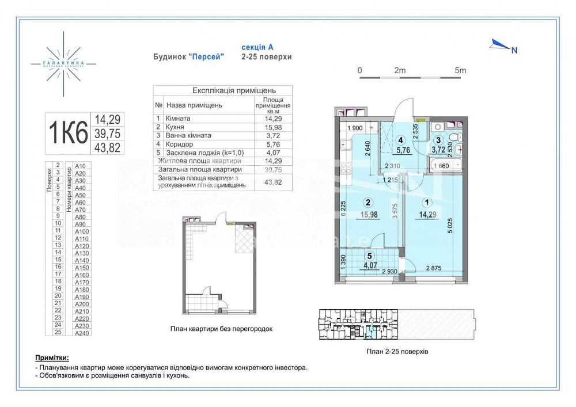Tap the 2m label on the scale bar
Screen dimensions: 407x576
click(400, 70)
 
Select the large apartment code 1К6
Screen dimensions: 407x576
click(68, 133)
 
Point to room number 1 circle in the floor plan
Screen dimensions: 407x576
click(426, 202)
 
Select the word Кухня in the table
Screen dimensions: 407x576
click(175, 125)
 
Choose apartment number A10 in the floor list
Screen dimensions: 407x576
click(80, 166)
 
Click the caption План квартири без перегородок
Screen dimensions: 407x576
click(221, 329)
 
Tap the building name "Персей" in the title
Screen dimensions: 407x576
click(206, 57)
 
